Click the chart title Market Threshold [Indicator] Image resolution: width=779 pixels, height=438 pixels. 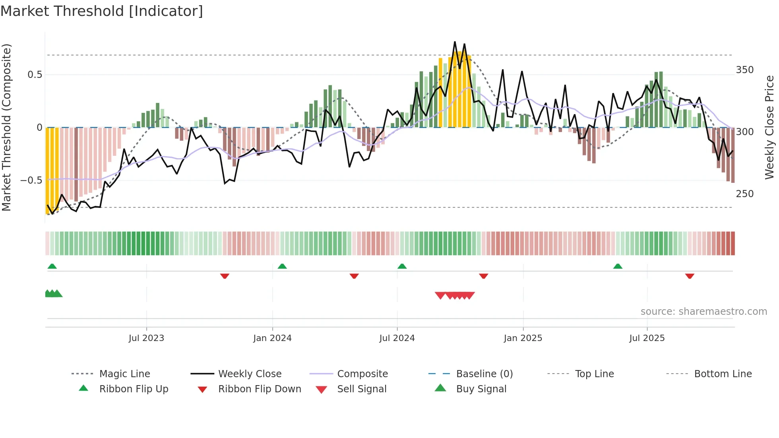(x=102, y=11)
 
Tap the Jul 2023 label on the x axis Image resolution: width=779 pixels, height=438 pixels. (x=146, y=338)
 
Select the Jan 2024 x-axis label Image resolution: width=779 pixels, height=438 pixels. (x=272, y=338)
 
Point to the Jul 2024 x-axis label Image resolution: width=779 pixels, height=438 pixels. (x=397, y=338)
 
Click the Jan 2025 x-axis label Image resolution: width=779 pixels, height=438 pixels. (x=523, y=338)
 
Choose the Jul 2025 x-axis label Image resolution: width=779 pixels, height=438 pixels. (x=647, y=338)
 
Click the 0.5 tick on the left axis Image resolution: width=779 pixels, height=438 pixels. (x=35, y=75)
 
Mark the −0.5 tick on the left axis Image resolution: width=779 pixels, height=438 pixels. (x=31, y=180)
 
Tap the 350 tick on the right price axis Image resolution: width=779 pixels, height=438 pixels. (x=744, y=70)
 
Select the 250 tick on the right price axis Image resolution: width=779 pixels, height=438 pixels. (x=744, y=194)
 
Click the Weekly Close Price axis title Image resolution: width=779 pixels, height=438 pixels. (x=769, y=127)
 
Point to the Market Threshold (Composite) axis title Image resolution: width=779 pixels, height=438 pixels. (x=6, y=127)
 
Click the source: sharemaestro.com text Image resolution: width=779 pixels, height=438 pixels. (x=703, y=312)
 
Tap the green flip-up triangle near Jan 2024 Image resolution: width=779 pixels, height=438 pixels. (x=282, y=266)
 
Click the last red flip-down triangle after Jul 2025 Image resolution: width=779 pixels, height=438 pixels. (x=690, y=276)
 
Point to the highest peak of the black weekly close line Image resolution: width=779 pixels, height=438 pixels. (x=455, y=42)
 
